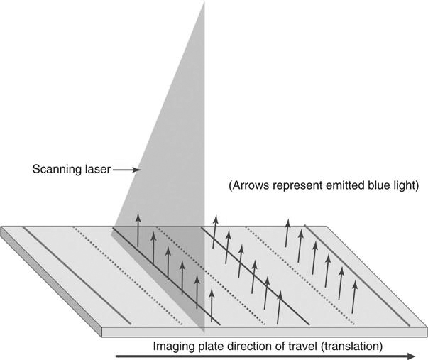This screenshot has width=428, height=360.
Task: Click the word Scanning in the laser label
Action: tap(57, 170)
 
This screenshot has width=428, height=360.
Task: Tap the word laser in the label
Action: tap(97, 170)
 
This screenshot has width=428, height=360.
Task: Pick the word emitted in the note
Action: tap(339, 187)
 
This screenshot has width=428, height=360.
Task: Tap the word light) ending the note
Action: tap(403, 187)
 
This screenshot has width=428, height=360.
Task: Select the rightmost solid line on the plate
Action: tap(358, 277)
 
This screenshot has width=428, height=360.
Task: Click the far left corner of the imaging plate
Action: tap(2, 229)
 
